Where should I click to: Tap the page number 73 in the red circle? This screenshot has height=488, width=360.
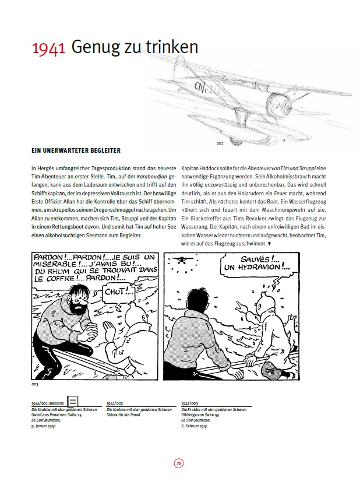(179, 464)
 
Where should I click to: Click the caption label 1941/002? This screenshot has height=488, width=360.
(115, 403)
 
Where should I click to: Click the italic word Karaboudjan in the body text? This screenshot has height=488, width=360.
(125, 175)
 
